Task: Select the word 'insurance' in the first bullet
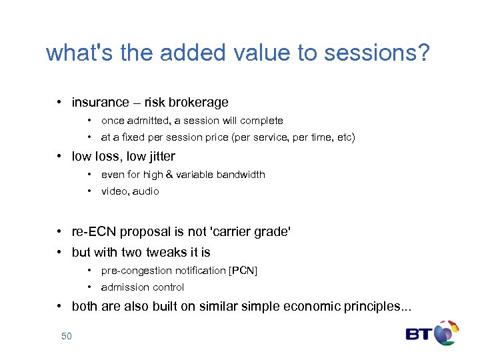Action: click(100, 103)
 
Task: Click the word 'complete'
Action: click(261, 121)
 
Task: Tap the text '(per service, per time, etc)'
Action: click(293, 138)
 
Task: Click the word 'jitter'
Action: click(160, 157)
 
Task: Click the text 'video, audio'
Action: click(130, 191)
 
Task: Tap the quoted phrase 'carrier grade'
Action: click(251, 232)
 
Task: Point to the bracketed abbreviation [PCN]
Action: click(243, 271)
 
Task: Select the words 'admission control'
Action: click(143, 287)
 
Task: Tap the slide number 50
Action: click(66, 336)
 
